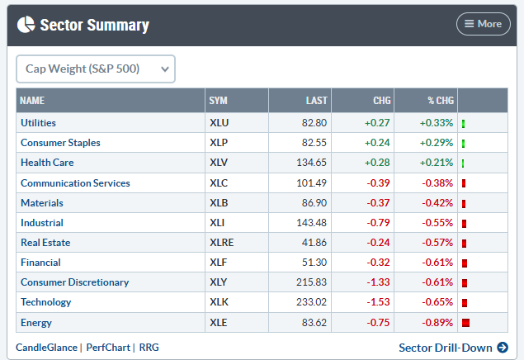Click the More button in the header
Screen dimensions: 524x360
tap(484, 24)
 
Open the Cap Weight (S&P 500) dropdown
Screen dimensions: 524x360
tap(96, 69)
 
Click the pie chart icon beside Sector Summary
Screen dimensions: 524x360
tap(26, 25)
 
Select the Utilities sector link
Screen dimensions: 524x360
tap(38, 123)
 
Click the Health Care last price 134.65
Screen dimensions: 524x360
tap(311, 163)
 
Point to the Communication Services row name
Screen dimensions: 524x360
tap(75, 182)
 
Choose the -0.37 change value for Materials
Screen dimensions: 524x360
tap(378, 203)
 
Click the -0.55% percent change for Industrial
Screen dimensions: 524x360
tap(437, 223)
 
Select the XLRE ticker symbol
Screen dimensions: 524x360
tap(221, 243)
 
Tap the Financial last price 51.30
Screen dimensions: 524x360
tap(314, 263)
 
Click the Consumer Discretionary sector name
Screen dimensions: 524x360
tap(74, 282)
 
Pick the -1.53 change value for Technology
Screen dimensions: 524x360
tap(378, 302)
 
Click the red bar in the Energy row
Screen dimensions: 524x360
tap(466, 323)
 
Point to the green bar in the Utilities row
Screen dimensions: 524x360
tap(464, 124)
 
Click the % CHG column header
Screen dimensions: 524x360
tap(441, 100)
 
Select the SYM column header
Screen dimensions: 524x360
tap(218, 100)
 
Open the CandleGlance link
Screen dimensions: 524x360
tap(46, 348)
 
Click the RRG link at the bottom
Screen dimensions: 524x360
tap(149, 348)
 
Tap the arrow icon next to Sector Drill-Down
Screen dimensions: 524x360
tap(503, 348)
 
